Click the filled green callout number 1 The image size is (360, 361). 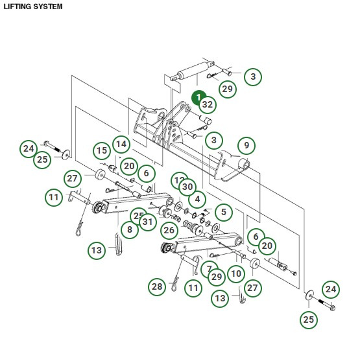[198, 97]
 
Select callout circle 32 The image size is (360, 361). [208, 104]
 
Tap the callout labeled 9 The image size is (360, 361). [246, 145]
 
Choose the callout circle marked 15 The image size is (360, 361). [102, 152]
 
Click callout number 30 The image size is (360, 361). [187, 187]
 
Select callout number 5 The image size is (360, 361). [223, 211]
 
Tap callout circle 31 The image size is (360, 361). [148, 222]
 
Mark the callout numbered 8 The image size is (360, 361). [130, 229]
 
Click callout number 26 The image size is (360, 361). [169, 229]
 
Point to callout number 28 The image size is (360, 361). [157, 286]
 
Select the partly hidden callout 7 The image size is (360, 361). [207, 268]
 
